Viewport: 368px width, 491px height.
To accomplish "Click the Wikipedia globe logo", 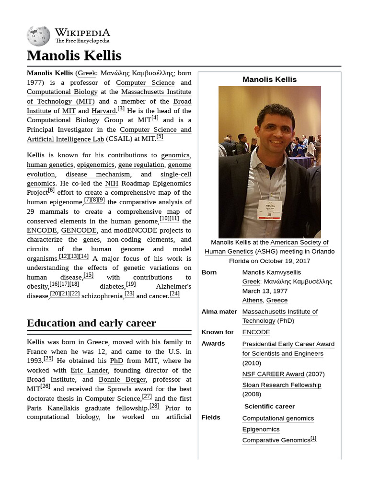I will pyautogui.click(x=38, y=36).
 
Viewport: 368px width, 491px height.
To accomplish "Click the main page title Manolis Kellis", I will pyautogui.click(x=74, y=56).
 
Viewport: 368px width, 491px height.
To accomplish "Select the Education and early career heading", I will pyautogui.click(x=91, y=323).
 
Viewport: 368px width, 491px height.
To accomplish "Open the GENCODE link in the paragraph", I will pyautogui.click(x=79, y=231).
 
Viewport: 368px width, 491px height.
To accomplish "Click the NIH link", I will pyautogui.click(x=112, y=184).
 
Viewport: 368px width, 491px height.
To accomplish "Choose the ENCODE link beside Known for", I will pyautogui.click(x=256, y=332).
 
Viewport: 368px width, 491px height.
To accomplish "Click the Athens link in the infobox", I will pyautogui.click(x=252, y=301).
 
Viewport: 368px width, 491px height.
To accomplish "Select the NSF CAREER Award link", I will pyautogui.click(x=273, y=374).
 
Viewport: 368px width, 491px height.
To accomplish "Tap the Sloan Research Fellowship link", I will pyautogui.click(x=281, y=385).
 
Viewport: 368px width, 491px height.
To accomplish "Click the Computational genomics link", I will pyautogui.click(x=278, y=419).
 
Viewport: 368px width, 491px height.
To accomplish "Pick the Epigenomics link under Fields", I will pyautogui.click(x=261, y=430).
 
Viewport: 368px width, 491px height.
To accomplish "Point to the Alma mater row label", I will pyautogui.click(x=219, y=312).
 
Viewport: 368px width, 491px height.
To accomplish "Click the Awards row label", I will pyautogui.click(x=213, y=344).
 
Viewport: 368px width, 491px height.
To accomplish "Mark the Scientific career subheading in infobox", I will pyautogui.click(x=269, y=407).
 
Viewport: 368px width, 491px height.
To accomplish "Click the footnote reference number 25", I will pyautogui.click(x=48, y=359).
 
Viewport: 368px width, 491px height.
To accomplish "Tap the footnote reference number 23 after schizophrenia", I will pyautogui.click(x=129, y=294).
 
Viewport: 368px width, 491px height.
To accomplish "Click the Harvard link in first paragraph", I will pyautogui.click(x=103, y=111).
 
